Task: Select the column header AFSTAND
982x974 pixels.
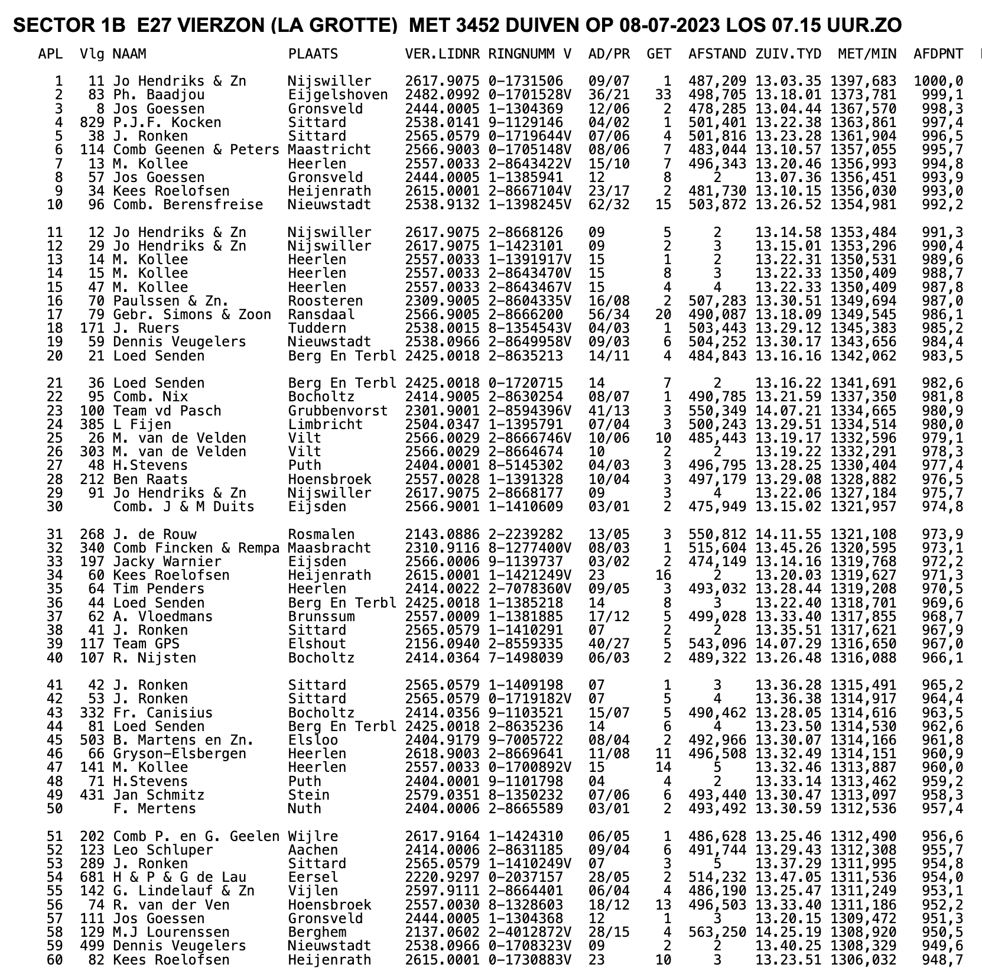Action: point(717,54)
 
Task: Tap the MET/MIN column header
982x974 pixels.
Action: point(867,54)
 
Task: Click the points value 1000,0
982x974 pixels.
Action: point(938,82)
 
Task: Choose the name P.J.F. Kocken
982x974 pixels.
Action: point(167,123)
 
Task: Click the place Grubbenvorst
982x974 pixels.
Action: point(338,411)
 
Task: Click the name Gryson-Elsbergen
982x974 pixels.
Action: point(180,754)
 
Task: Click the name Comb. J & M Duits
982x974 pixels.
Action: point(184,507)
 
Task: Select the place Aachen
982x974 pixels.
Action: point(313,850)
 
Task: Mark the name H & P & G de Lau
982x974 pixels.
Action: point(180,878)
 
